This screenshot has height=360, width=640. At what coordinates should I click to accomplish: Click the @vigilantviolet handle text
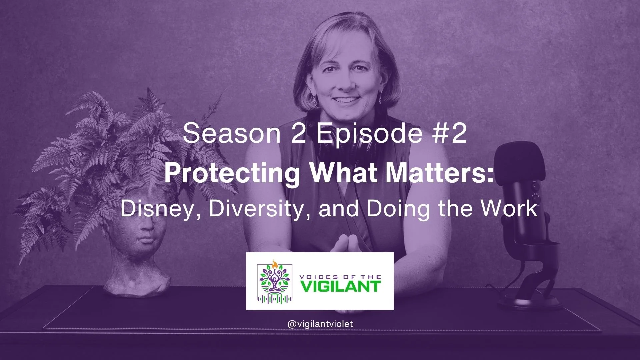[x=320, y=324]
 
